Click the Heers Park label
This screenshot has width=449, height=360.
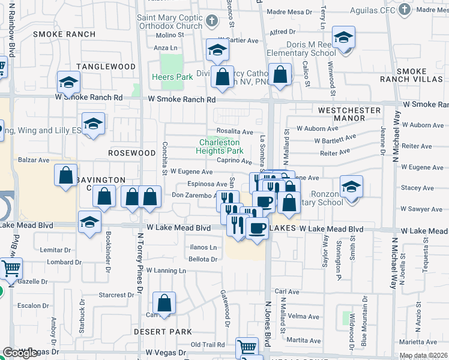pos(172,77)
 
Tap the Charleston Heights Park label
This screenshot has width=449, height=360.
pos(221,146)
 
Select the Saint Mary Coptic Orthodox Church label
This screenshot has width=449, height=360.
pos(170,22)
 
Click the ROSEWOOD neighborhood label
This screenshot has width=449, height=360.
pos(131,153)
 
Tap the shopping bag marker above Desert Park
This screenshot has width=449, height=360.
pos(164,304)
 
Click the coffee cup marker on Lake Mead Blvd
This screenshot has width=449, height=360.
pos(258,229)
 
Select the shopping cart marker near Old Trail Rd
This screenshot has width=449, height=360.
pos(247,347)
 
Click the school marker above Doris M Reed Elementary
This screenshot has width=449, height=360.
pos(343,37)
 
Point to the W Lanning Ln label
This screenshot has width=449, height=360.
pos(166,271)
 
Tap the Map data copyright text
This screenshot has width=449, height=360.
pos(424,355)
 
